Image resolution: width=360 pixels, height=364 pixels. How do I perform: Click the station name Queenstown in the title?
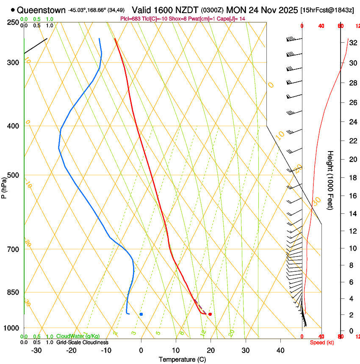(x=42, y=10)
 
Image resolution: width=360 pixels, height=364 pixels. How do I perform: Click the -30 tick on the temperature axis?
(x=37, y=350)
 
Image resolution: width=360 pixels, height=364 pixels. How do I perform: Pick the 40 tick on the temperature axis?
(x=280, y=350)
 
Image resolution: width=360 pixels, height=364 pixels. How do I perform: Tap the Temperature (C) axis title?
(x=182, y=359)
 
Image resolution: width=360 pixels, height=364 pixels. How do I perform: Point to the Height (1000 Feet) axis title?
(x=331, y=180)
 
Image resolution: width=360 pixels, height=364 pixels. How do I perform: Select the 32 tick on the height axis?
(x=352, y=42)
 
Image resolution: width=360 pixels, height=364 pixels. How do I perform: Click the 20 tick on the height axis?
(x=352, y=159)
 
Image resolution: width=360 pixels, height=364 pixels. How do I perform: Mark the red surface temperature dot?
(x=210, y=314)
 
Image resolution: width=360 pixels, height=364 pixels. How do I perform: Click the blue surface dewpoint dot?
(x=141, y=314)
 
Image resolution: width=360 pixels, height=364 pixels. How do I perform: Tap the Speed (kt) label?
(x=322, y=342)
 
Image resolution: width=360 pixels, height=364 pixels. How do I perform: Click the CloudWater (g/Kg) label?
(x=78, y=336)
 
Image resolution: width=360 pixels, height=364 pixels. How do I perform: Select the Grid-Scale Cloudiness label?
(x=82, y=342)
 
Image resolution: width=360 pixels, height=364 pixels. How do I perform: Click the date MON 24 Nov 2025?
(x=262, y=10)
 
